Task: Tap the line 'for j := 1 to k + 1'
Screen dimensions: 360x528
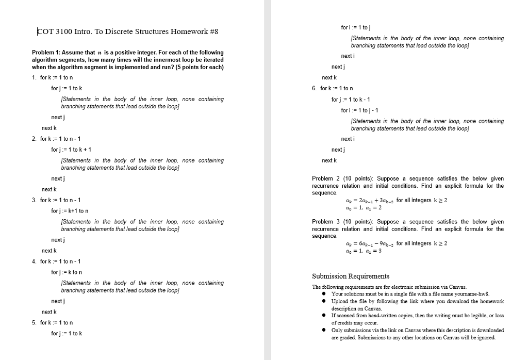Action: [71, 150]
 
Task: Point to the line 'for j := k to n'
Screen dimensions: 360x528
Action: [67, 272]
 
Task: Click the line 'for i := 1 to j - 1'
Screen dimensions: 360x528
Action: [360, 110]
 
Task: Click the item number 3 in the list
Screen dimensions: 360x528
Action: [34, 200]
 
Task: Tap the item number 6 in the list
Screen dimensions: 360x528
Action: [315, 88]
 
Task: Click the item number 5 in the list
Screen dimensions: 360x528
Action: [34, 322]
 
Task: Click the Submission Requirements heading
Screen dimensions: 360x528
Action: [351, 276]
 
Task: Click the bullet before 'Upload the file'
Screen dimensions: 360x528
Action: [324, 301]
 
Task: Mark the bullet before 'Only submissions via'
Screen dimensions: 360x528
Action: [324, 330]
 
